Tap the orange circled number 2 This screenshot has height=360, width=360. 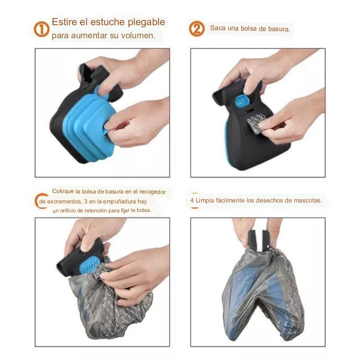[196, 29]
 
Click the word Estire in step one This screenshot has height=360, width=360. [64, 22]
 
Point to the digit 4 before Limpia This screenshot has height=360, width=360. [192, 201]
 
